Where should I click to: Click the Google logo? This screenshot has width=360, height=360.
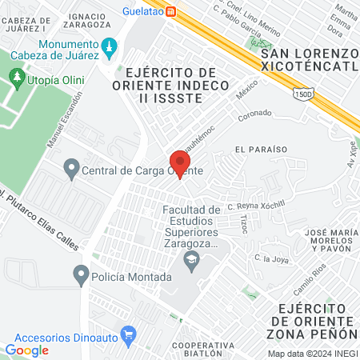click(26, 350)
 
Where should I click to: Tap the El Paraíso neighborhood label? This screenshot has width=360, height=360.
click(255, 150)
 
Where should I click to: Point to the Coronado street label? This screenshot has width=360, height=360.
click(255, 116)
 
